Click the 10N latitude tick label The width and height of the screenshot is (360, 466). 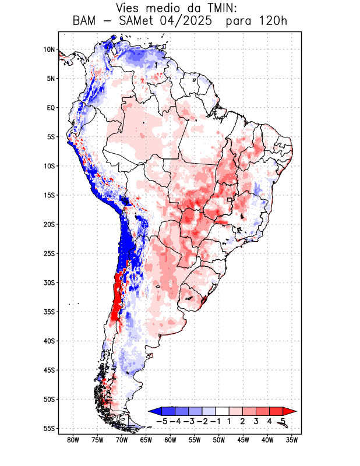[49, 50]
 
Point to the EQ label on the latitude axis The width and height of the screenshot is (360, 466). [51, 108]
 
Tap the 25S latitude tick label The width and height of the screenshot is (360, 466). [49, 253]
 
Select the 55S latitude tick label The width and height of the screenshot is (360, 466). [49, 428]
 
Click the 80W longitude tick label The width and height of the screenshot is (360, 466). [73, 440]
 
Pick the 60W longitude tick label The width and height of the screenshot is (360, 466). [171, 440]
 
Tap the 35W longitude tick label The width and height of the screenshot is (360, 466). [292, 440]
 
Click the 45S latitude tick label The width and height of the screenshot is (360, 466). [49, 370]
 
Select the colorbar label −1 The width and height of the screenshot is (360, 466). [215, 421]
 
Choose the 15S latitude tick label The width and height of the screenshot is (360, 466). [49, 195]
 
